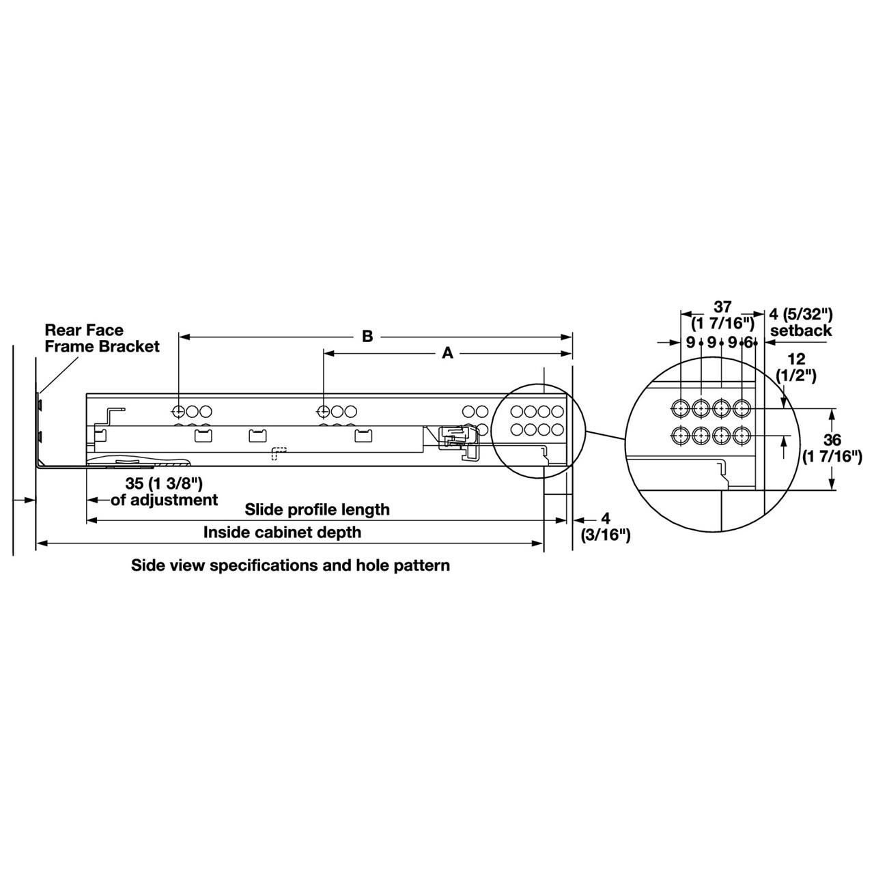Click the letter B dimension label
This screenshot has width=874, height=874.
point(367,337)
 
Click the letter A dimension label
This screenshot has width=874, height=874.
point(448,353)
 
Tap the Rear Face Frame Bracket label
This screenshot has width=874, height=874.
point(102,338)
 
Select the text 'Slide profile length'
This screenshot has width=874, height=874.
point(318,509)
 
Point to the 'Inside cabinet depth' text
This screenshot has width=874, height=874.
point(282,532)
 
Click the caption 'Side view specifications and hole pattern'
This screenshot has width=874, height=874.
point(290,565)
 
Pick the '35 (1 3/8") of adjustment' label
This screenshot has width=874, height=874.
point(165,492)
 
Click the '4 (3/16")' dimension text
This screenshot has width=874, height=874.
point(605,526)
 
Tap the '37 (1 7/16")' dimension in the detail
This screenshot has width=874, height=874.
point(722,315)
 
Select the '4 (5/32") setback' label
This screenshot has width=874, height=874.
point(801,322)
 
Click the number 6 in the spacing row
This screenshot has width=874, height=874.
point(748,342)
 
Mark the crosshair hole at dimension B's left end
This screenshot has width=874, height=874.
point(178,412)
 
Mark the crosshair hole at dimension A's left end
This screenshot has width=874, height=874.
point(324,412)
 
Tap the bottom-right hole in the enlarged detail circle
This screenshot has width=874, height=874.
point(742,434)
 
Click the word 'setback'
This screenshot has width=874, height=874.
point(801,331)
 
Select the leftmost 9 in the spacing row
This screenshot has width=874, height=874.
point(690,342)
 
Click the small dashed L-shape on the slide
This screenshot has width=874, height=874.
point(279,453)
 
